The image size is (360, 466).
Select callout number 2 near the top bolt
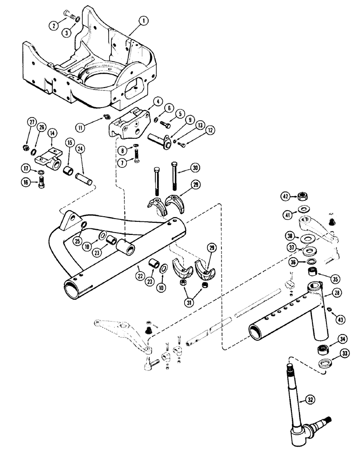click(55, 26)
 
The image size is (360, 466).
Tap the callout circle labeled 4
click(145, 100)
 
